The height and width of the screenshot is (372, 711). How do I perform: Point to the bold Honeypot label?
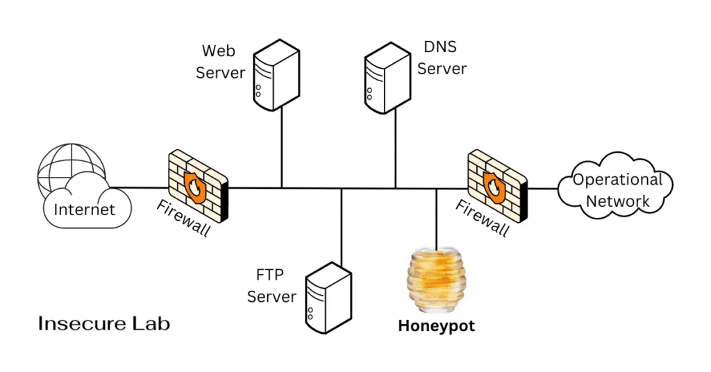click(436, 325)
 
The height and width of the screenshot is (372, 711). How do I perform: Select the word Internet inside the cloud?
click(84, 208)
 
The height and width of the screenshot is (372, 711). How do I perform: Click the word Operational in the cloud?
click(617, 180)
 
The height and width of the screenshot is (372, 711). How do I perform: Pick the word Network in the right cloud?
click(617, 201)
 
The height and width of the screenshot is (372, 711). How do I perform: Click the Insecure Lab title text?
click(103, 323)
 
